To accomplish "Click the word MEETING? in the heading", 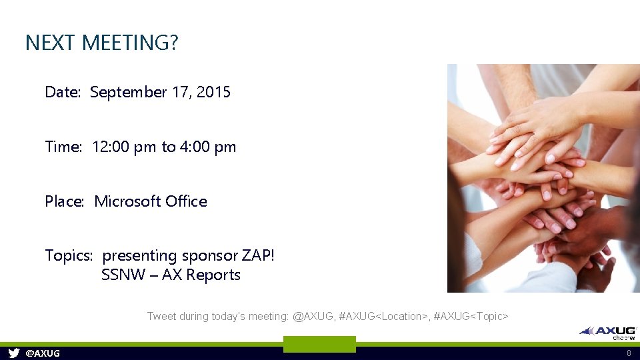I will [130, 43].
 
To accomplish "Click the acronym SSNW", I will [123, 275].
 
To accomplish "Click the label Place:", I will [65, 201].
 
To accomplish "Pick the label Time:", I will [63, 147].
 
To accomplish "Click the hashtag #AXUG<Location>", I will [383, 316].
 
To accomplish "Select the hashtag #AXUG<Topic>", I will [471, 316].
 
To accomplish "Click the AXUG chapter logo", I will [608, 332].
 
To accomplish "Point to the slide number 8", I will [628, 353].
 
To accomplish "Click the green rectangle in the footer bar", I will [319, 344].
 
